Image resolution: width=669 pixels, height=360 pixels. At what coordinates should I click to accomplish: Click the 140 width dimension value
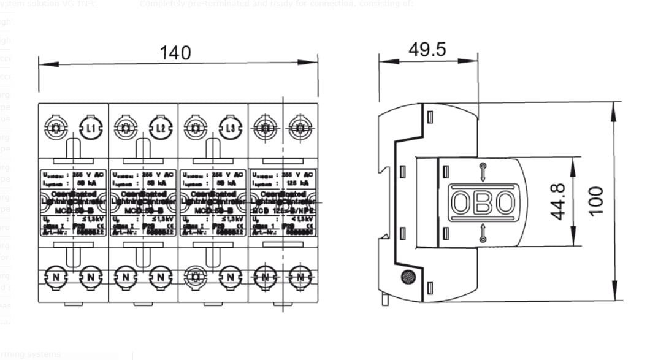[175, 53]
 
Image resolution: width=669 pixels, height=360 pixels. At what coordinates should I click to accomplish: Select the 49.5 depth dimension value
[427, 49]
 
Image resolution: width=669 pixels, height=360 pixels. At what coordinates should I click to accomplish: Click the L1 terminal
[91, 129]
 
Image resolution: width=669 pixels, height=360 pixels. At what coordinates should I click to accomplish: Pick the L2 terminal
[161, 129]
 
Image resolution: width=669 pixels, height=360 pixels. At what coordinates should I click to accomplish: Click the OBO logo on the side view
[483, 202]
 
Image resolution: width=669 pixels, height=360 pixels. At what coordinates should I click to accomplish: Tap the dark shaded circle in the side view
[407, 277]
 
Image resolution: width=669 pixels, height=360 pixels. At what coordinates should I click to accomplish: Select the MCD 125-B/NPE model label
[283, 211]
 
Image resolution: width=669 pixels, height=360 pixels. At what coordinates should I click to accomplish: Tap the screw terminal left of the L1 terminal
[56, 129]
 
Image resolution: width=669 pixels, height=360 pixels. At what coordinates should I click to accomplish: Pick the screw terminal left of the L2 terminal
[126, 129]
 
